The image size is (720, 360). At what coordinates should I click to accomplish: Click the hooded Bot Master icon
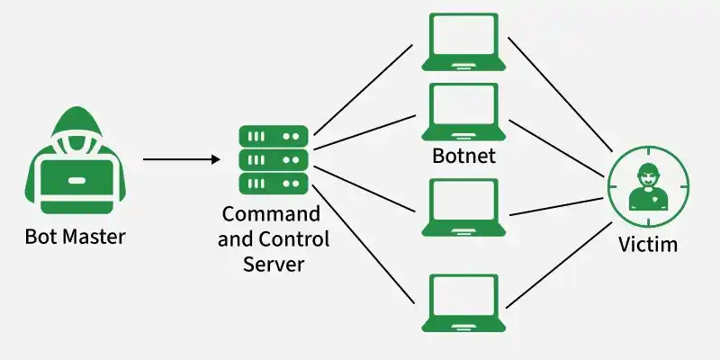(x=75, y=160)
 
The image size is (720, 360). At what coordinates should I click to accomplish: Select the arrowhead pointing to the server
(x=216, y=159)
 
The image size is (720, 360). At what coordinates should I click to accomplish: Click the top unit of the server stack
(x=274, y=137)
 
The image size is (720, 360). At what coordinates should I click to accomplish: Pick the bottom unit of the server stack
(x=274, y=184)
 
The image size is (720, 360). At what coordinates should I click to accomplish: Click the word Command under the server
(x=271, y=214)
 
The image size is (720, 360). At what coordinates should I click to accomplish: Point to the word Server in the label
(x=274, y=264)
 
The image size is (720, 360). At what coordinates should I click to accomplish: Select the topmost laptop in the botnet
(x=463, y=41)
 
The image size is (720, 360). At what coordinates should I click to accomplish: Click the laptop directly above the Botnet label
(x=463, y=112)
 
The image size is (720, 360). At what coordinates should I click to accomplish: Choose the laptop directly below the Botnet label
(x=463, y=208)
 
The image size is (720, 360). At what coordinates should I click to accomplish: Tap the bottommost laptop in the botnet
(x=463, y=303)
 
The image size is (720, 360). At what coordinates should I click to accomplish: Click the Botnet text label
(x=463, y=156)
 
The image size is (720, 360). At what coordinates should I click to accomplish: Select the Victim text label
(x=648, y=244)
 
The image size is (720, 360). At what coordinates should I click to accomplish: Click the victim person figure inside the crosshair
(x=648, y=187)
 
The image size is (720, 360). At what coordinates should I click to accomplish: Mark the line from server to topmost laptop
(x=364, y=90)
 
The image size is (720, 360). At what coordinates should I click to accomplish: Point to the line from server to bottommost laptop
(x=364, y=244)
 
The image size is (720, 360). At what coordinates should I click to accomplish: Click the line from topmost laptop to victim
(x=560, y=94)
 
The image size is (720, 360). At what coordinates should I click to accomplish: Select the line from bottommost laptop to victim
(x=559, y=265)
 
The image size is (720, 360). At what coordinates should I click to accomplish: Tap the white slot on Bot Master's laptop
(x=76, y=181)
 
